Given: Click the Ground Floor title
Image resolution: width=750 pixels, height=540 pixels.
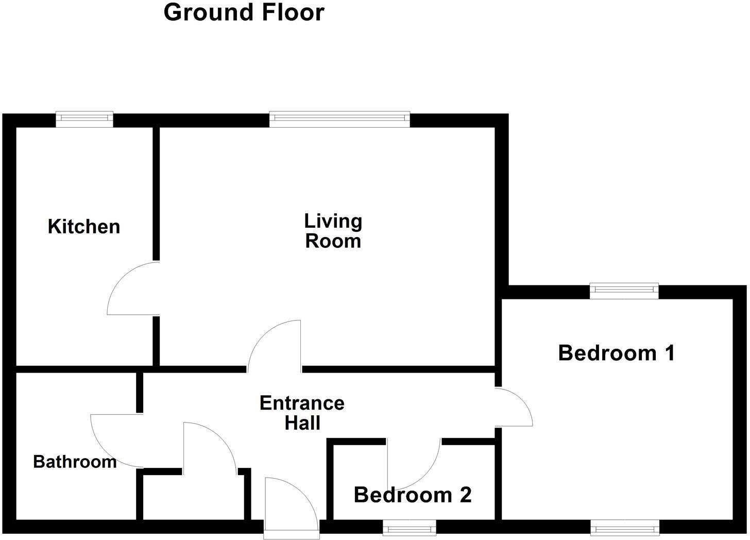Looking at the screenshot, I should [x=244, y=12].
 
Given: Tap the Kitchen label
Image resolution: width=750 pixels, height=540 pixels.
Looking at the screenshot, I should [x=84, y=227].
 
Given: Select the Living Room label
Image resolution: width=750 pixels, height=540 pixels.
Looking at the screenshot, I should [x=333, y=231].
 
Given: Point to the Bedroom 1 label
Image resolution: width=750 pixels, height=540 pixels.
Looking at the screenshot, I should [x=616, y=353].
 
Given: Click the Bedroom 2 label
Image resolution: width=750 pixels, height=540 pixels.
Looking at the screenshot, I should [x=413, y=495].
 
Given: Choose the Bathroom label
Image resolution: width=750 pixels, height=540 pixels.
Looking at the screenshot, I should [x=75, y=462].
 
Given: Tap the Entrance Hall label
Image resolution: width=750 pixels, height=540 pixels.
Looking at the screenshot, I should [x=302, y=413].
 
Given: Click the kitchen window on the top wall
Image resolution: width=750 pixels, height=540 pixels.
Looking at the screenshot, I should [x=84, y=119].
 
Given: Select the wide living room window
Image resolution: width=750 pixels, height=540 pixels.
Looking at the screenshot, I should [x=339, y=119].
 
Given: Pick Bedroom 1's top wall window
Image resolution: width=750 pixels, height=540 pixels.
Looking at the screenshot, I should [x=624, y=291].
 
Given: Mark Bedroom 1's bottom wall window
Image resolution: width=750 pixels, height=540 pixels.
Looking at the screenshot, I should [x=624, y=527].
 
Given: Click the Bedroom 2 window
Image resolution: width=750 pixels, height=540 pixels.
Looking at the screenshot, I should [x=410, y=527].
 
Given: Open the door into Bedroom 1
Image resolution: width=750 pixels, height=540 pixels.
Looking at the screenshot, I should [x=514, y=407].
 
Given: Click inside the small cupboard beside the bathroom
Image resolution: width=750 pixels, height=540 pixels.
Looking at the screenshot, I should [x=193, y=497].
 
